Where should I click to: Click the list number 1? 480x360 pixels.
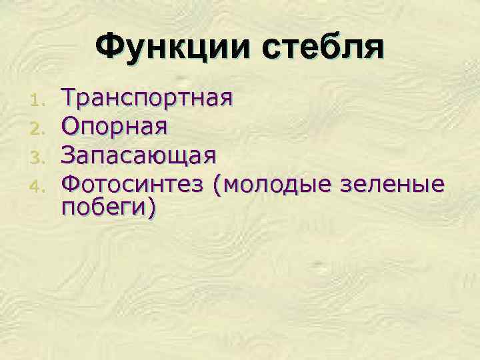pyautogui.click(x=37, y=101)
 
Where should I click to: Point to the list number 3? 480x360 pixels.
pyautogui.click(x=37, y=155)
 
